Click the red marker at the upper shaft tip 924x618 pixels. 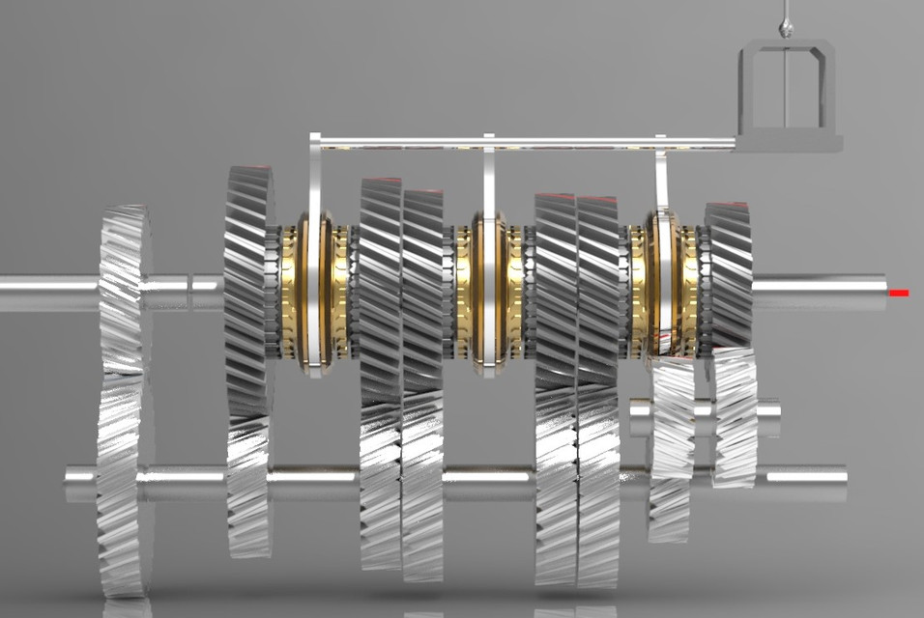point(899,293)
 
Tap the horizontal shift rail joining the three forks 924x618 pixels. point(522,143)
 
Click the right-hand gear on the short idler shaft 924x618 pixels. point(735,417)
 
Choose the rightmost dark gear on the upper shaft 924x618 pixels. point(729,275)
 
